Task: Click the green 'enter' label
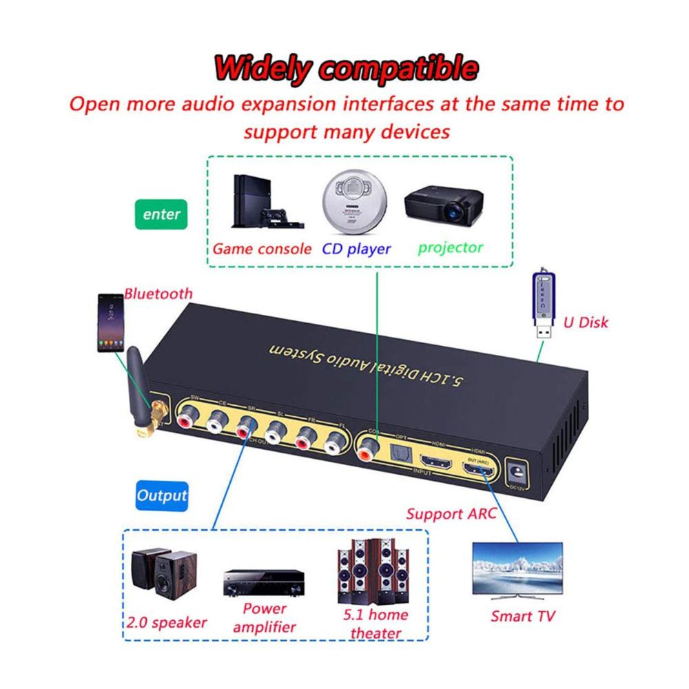[162, 214]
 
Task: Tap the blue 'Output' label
[162, 495]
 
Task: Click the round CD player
[351, 205]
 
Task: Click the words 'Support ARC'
[451, 513]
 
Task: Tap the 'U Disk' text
[586, 322]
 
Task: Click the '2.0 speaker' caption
[167, 622]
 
